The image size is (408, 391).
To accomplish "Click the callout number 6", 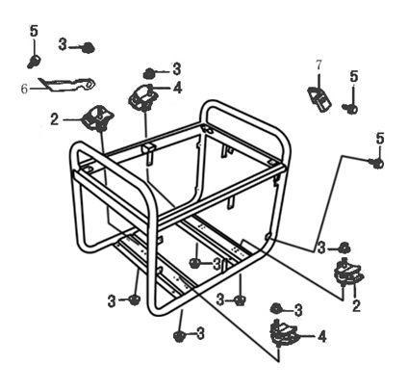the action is click(x=24, y=89).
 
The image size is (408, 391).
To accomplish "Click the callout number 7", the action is click(x=319, y=65).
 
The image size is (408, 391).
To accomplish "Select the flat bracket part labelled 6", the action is click(x=66, y=84).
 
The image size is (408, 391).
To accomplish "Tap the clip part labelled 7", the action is click(x=319, y=98).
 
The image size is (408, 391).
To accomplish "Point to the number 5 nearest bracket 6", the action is click(x=34, y=31).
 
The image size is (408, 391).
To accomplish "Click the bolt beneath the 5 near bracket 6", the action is click(x=34, y=61).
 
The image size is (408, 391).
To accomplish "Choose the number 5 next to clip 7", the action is click(x=354, y=76).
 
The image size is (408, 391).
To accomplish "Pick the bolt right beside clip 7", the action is click(x=349, y=109).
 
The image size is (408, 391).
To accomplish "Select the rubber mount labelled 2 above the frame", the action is click(x=98, y=117).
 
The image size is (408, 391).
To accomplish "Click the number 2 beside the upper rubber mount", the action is click(x=55, y=119).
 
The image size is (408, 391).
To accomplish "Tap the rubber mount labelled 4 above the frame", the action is click(x=143, y=96).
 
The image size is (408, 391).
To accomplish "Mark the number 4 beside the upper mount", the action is click(x=178, y=88).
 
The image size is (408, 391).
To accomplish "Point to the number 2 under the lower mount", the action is click(x=356, y=306).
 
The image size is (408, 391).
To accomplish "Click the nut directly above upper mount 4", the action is click(x=149, y=73).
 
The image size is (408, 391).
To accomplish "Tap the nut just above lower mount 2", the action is click(x=344, y=248).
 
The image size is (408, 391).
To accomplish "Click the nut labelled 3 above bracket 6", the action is click(x=88, y=47).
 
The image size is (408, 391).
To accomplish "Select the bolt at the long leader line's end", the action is click(x=376, y=163).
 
